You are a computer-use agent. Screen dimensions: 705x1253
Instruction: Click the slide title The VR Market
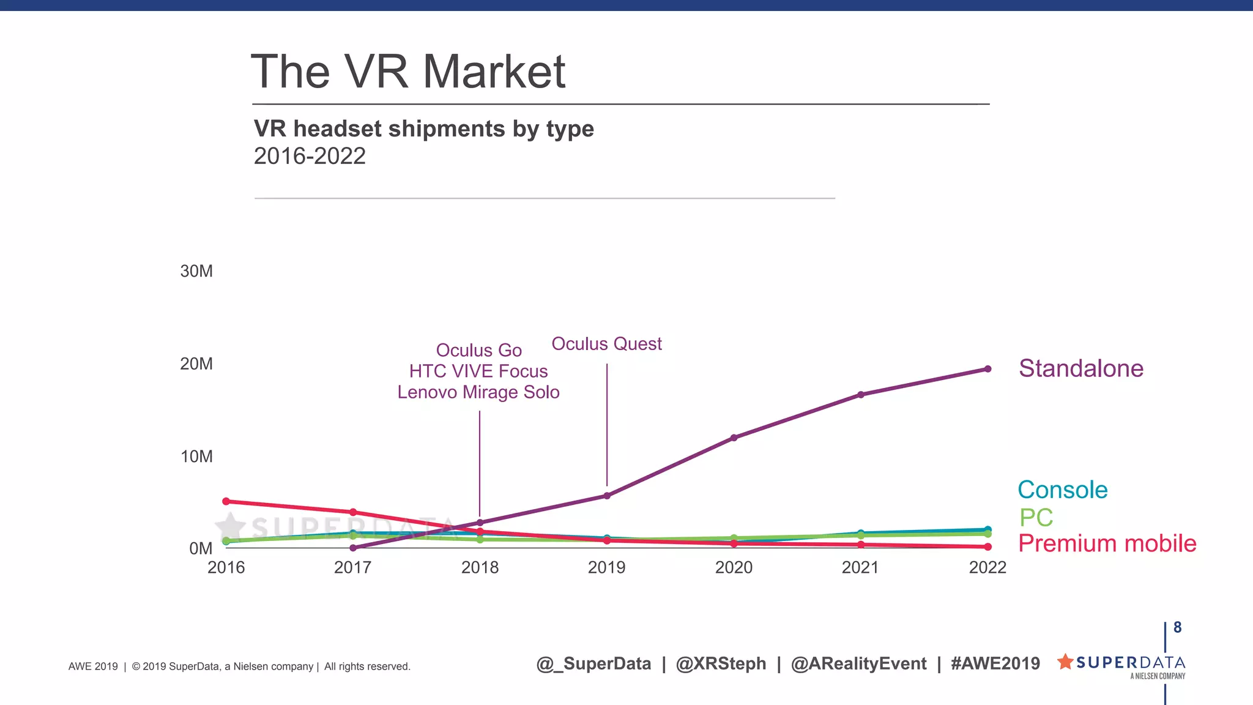[x=408, y=72]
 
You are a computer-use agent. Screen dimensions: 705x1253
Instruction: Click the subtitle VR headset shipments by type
[x=423, y=129]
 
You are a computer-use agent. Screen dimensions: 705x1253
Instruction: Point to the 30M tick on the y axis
[x=196, y=271]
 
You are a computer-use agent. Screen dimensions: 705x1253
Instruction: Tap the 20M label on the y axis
[x=196, y=364]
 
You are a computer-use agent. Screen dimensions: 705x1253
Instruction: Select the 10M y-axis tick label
[x=196, y=457]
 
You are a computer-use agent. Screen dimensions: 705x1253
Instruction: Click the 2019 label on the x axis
[x=606, y=567]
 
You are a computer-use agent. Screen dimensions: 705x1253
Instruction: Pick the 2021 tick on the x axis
[x=860, y=567]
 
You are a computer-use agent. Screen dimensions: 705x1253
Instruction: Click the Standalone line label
[x=1080, y=368]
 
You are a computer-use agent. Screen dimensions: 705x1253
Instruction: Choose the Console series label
[x=1062, y=490]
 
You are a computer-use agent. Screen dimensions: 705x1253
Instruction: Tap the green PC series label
[x=1036, y=518]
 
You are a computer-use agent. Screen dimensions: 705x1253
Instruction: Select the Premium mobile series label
[x=1107, y=543]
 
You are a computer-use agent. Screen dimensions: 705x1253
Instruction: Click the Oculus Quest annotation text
[x=606, y=344]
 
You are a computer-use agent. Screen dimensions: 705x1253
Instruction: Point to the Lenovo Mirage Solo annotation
[x=478, y=392]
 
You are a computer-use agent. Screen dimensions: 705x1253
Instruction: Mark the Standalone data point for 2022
[x=987, y=369]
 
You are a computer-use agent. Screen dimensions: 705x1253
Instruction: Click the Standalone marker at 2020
[x=734, y=438]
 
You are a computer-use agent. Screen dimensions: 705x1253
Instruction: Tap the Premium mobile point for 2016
[x=226, y=501]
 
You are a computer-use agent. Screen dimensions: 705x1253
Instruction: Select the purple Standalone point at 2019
[x=607, y=496]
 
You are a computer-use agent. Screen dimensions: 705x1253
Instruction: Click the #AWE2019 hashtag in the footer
[x=995, y=663]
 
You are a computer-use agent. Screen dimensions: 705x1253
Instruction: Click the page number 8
[x=1177, y=627]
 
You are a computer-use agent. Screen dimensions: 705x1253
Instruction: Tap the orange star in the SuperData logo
[x=1065, y=662]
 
